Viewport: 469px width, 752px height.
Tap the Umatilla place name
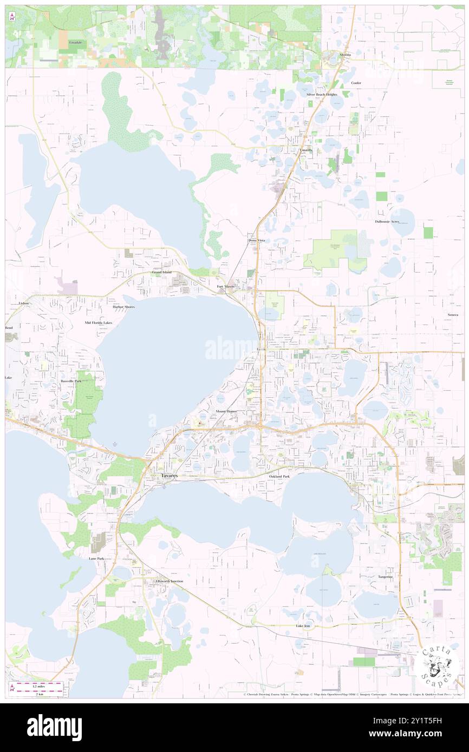pyautogui.click(x=307, y=150)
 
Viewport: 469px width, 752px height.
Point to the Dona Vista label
pyautogui.click(x=257, y=240)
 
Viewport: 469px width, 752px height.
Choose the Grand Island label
pyautogui.click(x=161, y=272)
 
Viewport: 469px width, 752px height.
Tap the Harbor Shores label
pyautogui.click(x=123, y=307)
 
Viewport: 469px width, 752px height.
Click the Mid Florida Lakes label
pyautogui.click(x=99, y=322)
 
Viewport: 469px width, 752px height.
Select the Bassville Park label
pyautogui.click(x=71, y=381)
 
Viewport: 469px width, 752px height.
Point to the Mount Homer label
pyautogui.click(x=226, y=412)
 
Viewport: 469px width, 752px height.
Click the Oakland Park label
pyautogui.click(x=279, y=477)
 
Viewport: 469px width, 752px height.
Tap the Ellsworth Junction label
pyautogui.click(x=169, y=581)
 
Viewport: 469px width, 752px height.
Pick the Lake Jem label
pyautogui.click(x=303, y=626)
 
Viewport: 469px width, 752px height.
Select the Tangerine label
pyautogui.click(x=386, y=577)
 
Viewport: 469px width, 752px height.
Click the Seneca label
pyautogui.click(x=453, y=315)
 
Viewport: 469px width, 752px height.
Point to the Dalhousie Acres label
pyautogui.click(x=387, y=222)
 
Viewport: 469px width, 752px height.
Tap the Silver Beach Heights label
pyautogui.click(x=322, y=94)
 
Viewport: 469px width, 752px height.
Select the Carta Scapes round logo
pyautogui.click(x=439, y=664)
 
